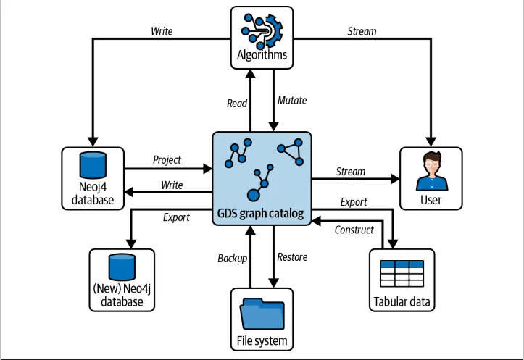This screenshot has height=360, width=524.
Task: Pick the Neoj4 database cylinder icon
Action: (93, 164)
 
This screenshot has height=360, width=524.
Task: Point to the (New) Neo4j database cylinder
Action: (122, 267)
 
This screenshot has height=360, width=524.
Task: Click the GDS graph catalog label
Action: (262, 214)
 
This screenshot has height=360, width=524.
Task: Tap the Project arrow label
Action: (167, 159)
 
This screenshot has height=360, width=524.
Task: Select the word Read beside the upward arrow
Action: (237, 104)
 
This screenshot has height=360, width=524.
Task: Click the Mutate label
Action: (292, 101)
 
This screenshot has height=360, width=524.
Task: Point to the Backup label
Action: (233, 258)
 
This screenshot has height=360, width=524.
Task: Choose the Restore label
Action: (292, 256)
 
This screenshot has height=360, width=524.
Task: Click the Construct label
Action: (354, 230)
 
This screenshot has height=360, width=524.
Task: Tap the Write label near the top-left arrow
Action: (162, 31)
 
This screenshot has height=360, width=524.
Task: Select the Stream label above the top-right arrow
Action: (362, 31)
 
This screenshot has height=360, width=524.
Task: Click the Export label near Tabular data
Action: (354, 202)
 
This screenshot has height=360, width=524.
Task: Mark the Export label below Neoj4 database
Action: (176, 217)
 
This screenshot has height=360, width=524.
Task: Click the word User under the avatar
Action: (431, 199)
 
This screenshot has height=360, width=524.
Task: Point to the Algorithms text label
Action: (262, 54)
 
